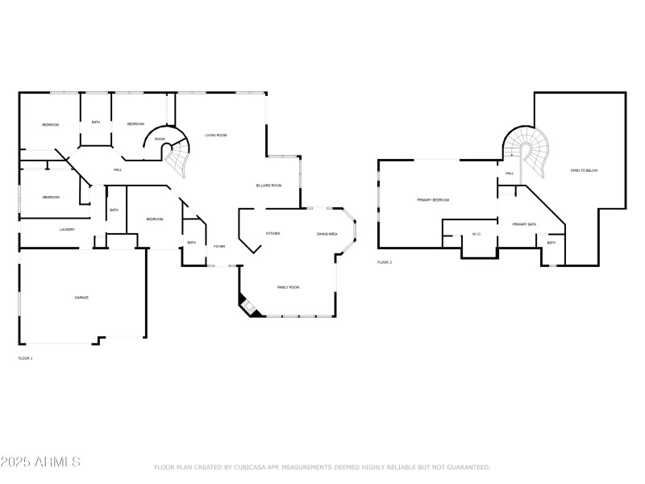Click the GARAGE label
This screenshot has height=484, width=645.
pos(81,298)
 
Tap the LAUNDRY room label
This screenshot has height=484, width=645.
pos(67,230)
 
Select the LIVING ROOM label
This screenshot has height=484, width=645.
pos(215,136)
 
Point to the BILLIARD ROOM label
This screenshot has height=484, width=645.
pos(268,186)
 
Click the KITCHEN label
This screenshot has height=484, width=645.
pos(273,234)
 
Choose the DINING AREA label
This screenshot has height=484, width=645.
pos(327,234)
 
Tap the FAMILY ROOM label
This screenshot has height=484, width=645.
pos(289,287)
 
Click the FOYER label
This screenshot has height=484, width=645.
pos(219,247)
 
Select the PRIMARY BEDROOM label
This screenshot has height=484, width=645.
pos(433,200)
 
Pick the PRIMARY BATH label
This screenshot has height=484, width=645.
pos(524,223)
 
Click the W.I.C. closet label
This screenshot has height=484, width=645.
pos(476,235)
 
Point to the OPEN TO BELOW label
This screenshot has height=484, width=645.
pos(585,171)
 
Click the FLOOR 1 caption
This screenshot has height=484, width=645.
pos(25,357)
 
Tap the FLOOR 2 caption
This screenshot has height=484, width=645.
pos(385,263)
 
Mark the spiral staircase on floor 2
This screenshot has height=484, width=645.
pos(528,149)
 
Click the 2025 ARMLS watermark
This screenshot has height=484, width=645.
pos(40,462)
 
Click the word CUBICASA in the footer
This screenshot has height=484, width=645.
pos(250,467)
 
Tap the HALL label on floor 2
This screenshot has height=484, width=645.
pos(510,173)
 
